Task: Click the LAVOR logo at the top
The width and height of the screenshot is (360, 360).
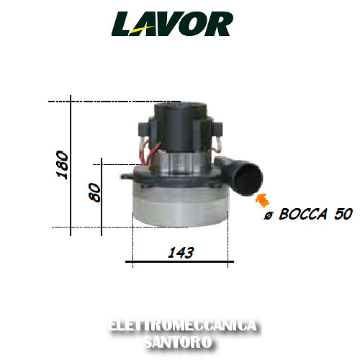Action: tap(172, 24)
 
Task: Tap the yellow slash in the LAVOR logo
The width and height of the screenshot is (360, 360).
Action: tap(142, 30)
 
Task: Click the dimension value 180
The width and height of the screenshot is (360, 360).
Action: tap(62, 165)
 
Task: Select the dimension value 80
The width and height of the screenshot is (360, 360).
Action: tap(94, 192)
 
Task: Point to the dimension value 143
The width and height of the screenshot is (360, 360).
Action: tap(181, 253)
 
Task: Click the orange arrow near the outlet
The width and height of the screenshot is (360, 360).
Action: tap(262, 200)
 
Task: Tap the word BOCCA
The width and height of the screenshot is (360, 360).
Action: tap(303, 214)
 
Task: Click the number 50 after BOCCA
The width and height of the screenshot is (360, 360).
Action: tap(343, 214)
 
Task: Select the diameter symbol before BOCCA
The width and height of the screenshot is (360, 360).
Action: tap(269, 215)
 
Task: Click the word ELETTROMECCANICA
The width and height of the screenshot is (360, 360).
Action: tap(183, 325)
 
